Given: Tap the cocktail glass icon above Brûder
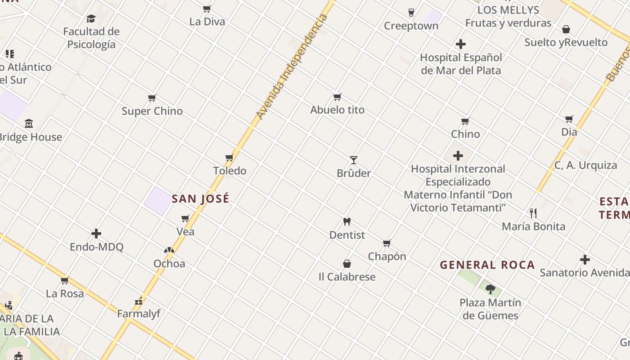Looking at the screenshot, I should tap(354, 160).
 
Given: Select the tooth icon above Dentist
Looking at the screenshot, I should tap(346, 221).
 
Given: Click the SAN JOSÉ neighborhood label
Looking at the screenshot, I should tap(201, 198).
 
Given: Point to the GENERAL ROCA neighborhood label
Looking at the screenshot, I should tap(487, 265).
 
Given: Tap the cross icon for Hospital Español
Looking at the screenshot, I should tap(461, 44).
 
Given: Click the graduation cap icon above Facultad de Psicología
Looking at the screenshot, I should tap(91, 18).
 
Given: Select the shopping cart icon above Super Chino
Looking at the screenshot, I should tap(152, 98).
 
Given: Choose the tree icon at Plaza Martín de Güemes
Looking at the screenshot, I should tap(490, 289).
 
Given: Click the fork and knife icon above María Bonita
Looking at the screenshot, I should tap(533, 213).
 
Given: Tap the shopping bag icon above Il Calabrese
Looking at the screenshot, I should tap(347, 264).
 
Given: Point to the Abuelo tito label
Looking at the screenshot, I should tap(337, 110).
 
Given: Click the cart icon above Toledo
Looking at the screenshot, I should tap(229, 158).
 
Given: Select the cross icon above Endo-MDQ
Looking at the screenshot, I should tap(96, 234).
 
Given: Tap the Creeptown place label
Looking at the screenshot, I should tap(411, 26).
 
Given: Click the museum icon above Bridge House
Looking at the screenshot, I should tap(29, 123).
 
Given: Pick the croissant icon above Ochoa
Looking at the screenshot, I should tap(169, 250).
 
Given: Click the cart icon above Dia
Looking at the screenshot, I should tap(569, 119).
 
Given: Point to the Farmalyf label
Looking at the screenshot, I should tap(139, 314).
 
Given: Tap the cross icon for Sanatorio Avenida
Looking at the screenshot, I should tap(585, 260).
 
